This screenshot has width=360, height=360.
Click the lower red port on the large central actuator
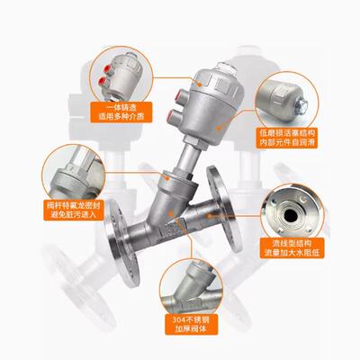click(171, 116)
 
